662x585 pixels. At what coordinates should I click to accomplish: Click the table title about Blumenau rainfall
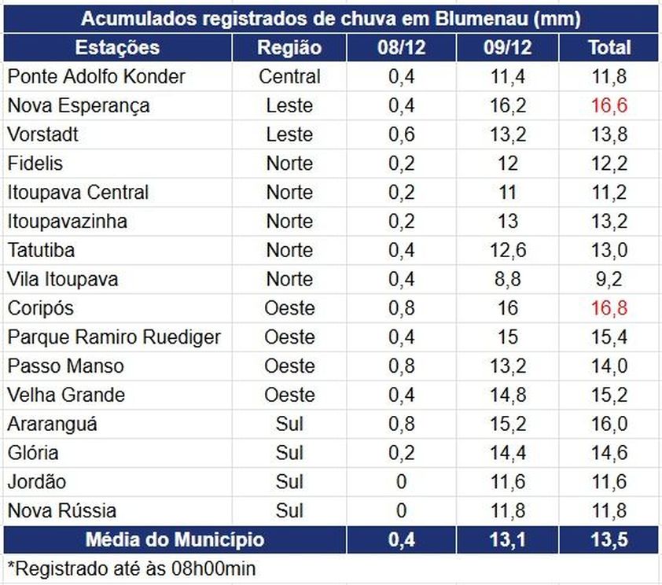pyautogui.click(x=330, y=18)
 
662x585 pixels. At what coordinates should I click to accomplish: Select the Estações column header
pyautogui.click(x=117, y=47)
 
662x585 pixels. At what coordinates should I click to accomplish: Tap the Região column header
pyautogui.click(x=289, y=47)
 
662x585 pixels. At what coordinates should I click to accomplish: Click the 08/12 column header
pyautogui.click(x=401, y=47)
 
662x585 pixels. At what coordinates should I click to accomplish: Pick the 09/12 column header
pyautogui.click(x=507, y=47)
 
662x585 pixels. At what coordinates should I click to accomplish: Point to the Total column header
pyautogui.click(x=609, y=47)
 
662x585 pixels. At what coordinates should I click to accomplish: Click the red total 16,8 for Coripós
pyautogui.click(x=609, y=308)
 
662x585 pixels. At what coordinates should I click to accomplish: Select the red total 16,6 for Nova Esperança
pyautogui.click(x=609, y=105)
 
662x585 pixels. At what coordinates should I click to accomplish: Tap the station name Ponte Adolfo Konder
pyautogui.click(x=97, y=76)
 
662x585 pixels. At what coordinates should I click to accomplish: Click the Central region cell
pyautogui.click(x=289, y=76)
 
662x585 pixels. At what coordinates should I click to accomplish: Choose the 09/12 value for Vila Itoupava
pyautogui.click(x=507, y=279)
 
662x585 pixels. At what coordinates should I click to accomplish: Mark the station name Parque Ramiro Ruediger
pyautogui.click(x=114, y=337)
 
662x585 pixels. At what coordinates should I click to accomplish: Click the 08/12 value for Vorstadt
pyautogui.click(x=401, y=134)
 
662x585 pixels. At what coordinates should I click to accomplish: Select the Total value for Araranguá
pyautogui.click(x=609, y=424)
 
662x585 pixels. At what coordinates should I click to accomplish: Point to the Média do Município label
pyautogui.click(x=175, y=540)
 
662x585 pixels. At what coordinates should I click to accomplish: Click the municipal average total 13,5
pyautogui.click(x=609, y=540)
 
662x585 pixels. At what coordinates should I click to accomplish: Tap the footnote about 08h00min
pyautogui.click(x=131, y=568)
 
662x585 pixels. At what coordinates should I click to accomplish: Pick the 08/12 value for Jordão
pyautogui.click(x=401, y=482)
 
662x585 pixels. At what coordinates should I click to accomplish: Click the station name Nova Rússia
pyautogui.click(x=62, y=511)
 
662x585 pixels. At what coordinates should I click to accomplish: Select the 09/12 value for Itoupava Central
pyautogui.click(x=507, y=193)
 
